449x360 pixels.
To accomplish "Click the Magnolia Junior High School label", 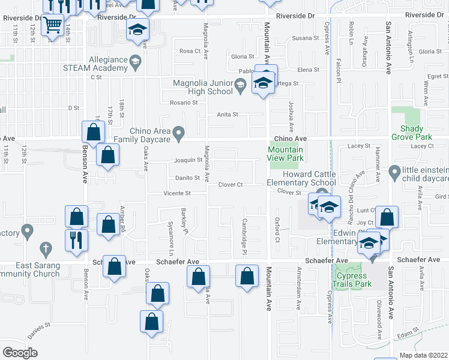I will pos(202,87).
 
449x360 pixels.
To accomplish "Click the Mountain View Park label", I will pos(285,154).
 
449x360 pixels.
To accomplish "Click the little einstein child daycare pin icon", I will pos(394,173).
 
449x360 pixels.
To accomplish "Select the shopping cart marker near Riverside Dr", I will pos(53,25).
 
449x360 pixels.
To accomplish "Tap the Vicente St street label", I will pos(178,193).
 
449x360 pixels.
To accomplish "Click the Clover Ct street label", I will pos(230,185).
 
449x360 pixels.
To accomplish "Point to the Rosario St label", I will pos(183,103).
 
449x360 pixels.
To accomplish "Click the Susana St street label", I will pos(306,38).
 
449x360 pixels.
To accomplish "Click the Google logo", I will pos(20,352).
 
